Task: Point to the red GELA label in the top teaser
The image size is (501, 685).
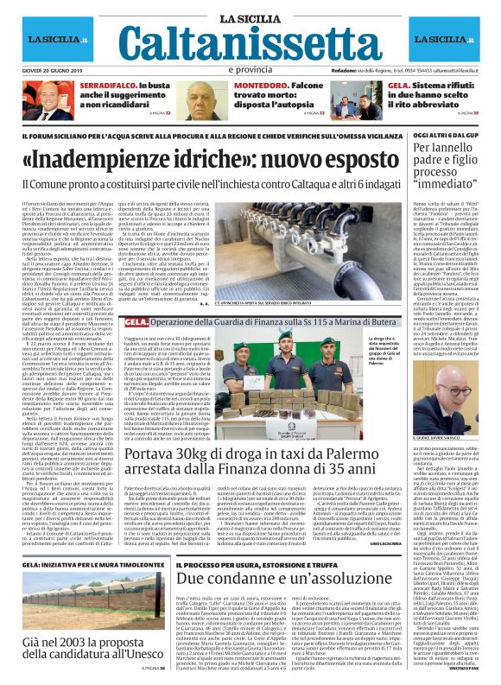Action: pyautogui.click(x=398, y=87)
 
